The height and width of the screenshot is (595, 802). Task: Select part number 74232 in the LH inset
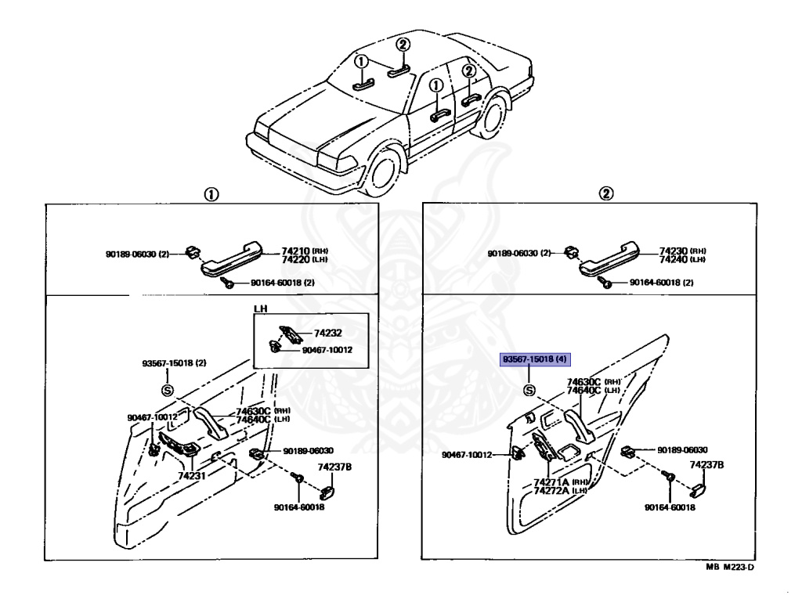pos(327,333)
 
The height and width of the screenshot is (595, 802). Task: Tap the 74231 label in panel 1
pos(191,475)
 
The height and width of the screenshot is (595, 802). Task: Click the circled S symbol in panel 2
pos(529,391)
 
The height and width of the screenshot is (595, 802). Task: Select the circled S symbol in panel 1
pos(166,390)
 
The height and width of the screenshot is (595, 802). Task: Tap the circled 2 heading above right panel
pos(605,193)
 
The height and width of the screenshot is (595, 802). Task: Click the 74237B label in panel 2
pos(706,465)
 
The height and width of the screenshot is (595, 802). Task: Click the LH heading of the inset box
pos(260,308)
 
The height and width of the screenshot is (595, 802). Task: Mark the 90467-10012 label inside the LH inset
pos(327,349)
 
